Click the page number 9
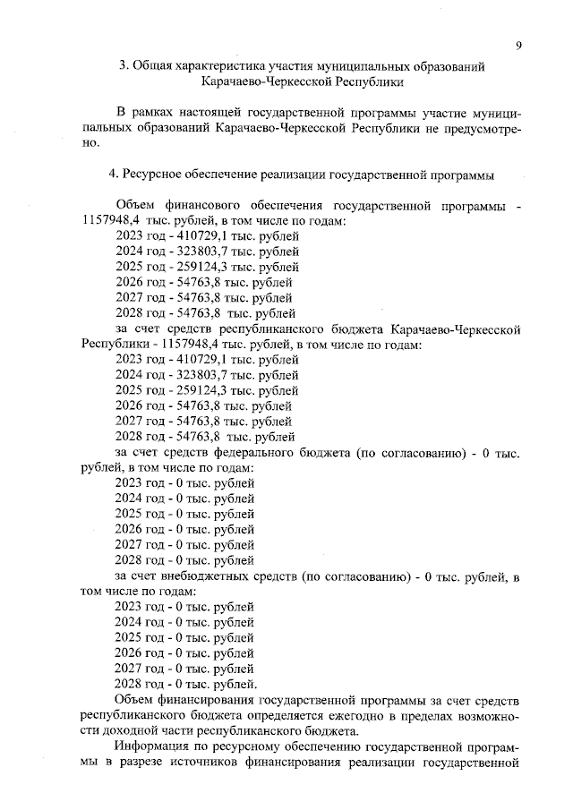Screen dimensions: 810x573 point(518,46)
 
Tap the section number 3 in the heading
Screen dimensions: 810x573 point(124,65)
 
